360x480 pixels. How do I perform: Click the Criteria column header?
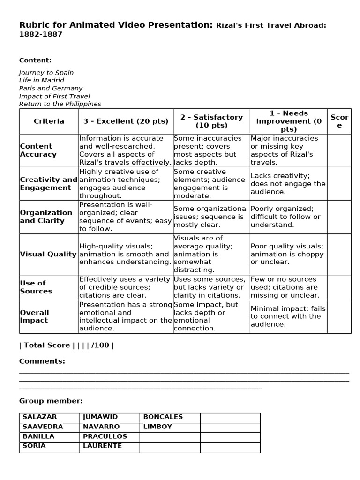pyautogui.click(x=49, y=121)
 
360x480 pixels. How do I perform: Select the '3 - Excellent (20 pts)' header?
pyautogui.click(x=126, y=121)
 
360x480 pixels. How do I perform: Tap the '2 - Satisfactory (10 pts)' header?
pyautogui.click(x=211, y=121)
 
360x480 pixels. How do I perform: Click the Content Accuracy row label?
pyautogui.click(x=38, y=150)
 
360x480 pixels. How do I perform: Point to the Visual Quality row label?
pyautogui.click(x=48, y=254)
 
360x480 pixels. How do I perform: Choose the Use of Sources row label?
pyautogui.click(x=36, y=287)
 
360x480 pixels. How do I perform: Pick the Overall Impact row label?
pyautogui.click(x=34, y=316)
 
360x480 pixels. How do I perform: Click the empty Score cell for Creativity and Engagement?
pyautogui.click(x=339, y=184)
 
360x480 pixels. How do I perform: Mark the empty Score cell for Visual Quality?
pyautogui.click(x=339, y=254)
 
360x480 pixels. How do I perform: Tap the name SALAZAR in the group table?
pyautogui.click(x=40, y=417)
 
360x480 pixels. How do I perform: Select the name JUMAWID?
pyautogui.click(x=100, y=417)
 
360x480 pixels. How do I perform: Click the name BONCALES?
pyautogui.click(x=163, y=417)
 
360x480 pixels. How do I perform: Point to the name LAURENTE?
pyautogui.click(x=102, y=446)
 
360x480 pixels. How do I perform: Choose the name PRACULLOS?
pyautogui.click(x=105, y=436)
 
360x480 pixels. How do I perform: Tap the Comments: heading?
pyautogui.click(x=42, y=361)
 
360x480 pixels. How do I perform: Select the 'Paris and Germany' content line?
pyautogui.click(x=51, y=88)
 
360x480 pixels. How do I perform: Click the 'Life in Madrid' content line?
pyautogui.click(x=42, y=80)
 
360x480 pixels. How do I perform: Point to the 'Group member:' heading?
pyautogui.click(x=51, y=401)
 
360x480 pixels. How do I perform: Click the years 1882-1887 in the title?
pyautogui.click(x=41, y=34)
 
